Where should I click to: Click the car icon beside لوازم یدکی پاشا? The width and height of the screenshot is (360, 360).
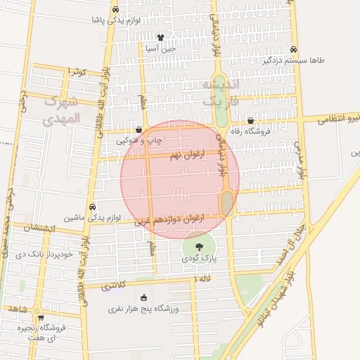click(115, 10)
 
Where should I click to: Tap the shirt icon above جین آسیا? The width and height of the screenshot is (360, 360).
click(160, 38)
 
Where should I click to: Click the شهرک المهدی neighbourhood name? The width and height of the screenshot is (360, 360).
click(63, 110)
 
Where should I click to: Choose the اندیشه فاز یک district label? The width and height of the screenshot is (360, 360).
click(220, 92)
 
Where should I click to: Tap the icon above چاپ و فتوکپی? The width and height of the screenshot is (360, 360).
click(139, 129)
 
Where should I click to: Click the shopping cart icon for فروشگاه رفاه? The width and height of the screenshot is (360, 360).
click(251, 121)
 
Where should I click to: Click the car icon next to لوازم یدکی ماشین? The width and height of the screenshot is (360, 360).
click(92, 207)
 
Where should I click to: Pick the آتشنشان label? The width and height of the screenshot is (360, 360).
click(39, 228)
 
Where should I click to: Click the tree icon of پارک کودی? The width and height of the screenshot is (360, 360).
click(200, 247)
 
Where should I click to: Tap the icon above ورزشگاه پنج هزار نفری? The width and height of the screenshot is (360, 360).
click(144, 297)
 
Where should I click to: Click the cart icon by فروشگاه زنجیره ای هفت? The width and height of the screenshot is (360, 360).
click(40, 317)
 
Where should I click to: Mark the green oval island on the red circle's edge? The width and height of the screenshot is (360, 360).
click(227, 204)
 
